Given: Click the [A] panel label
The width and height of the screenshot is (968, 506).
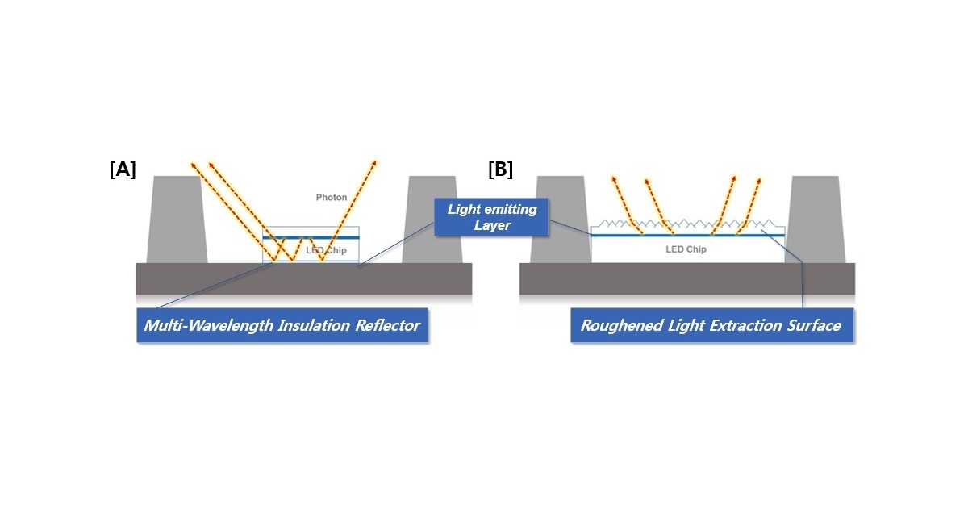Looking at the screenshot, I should [x=123, y=169].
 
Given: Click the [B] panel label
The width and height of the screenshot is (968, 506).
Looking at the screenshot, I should [x=500, y=169].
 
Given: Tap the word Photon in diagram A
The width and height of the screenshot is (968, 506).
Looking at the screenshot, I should [x=332, y=198].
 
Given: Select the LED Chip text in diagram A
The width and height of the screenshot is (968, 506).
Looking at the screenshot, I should [x=327, y=251].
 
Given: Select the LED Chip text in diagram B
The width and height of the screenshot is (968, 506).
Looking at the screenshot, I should [x=686, y=249].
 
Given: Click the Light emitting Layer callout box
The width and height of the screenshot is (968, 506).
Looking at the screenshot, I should [x=491, y=217].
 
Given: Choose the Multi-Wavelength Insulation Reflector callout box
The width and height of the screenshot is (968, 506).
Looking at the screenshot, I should [x=282, y=326].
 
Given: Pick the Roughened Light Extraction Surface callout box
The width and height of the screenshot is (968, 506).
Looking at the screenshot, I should [x=711, y=326].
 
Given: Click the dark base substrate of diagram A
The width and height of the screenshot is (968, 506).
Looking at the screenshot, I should [x=303, y=278].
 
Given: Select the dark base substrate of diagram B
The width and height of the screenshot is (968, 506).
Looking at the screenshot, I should [x=686, y=278].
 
